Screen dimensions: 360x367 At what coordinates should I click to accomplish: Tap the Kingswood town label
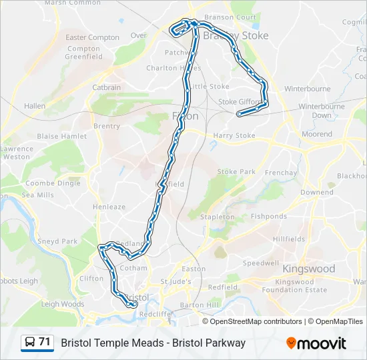click(x=308, y=269)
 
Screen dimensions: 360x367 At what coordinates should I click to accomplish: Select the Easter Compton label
click(x=92, y=38)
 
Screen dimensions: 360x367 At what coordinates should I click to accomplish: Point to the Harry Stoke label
click(x=234, y=136)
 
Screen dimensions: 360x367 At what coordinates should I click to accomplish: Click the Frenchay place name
click(x=280, y=173)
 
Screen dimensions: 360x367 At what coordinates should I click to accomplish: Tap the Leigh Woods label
click(x=63, y=304)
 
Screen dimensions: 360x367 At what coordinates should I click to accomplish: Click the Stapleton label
click(x=218, y=217)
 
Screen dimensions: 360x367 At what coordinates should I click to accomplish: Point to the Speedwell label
click(x=261, y=263)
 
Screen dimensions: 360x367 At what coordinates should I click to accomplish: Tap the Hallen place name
click(x=35, y=106)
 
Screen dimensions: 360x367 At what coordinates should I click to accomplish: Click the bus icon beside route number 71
click(x=30, y=343)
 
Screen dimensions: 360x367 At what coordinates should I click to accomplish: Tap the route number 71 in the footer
click(x=45, y=342)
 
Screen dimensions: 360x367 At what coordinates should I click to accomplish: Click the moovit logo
click(x=316, y=343)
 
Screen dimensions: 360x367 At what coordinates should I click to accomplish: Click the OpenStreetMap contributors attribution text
click(x=256, y=321)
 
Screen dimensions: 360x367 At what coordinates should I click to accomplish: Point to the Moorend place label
click(x=317, y=134)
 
